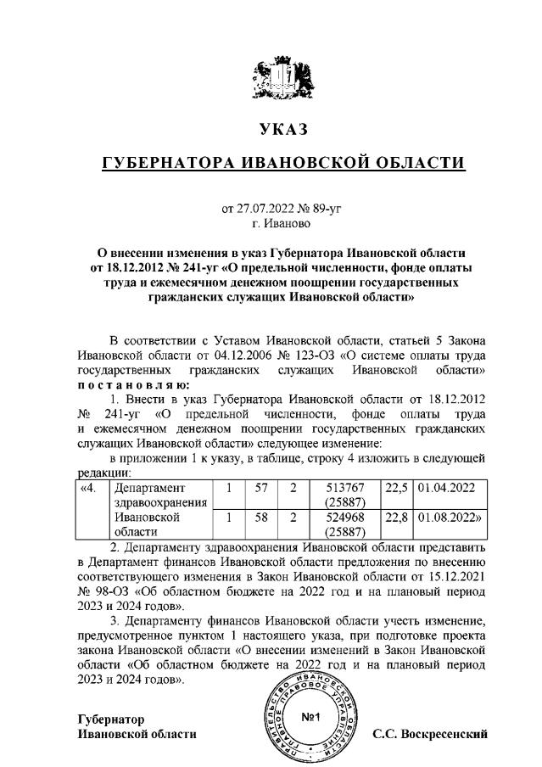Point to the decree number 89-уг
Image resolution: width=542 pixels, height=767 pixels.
point(321,208)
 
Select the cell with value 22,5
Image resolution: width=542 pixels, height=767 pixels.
point(396,489)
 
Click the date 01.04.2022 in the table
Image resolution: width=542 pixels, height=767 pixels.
point(446,489)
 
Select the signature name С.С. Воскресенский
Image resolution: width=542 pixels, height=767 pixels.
point(430,734)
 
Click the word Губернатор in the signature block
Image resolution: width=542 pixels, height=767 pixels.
point(110,719)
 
